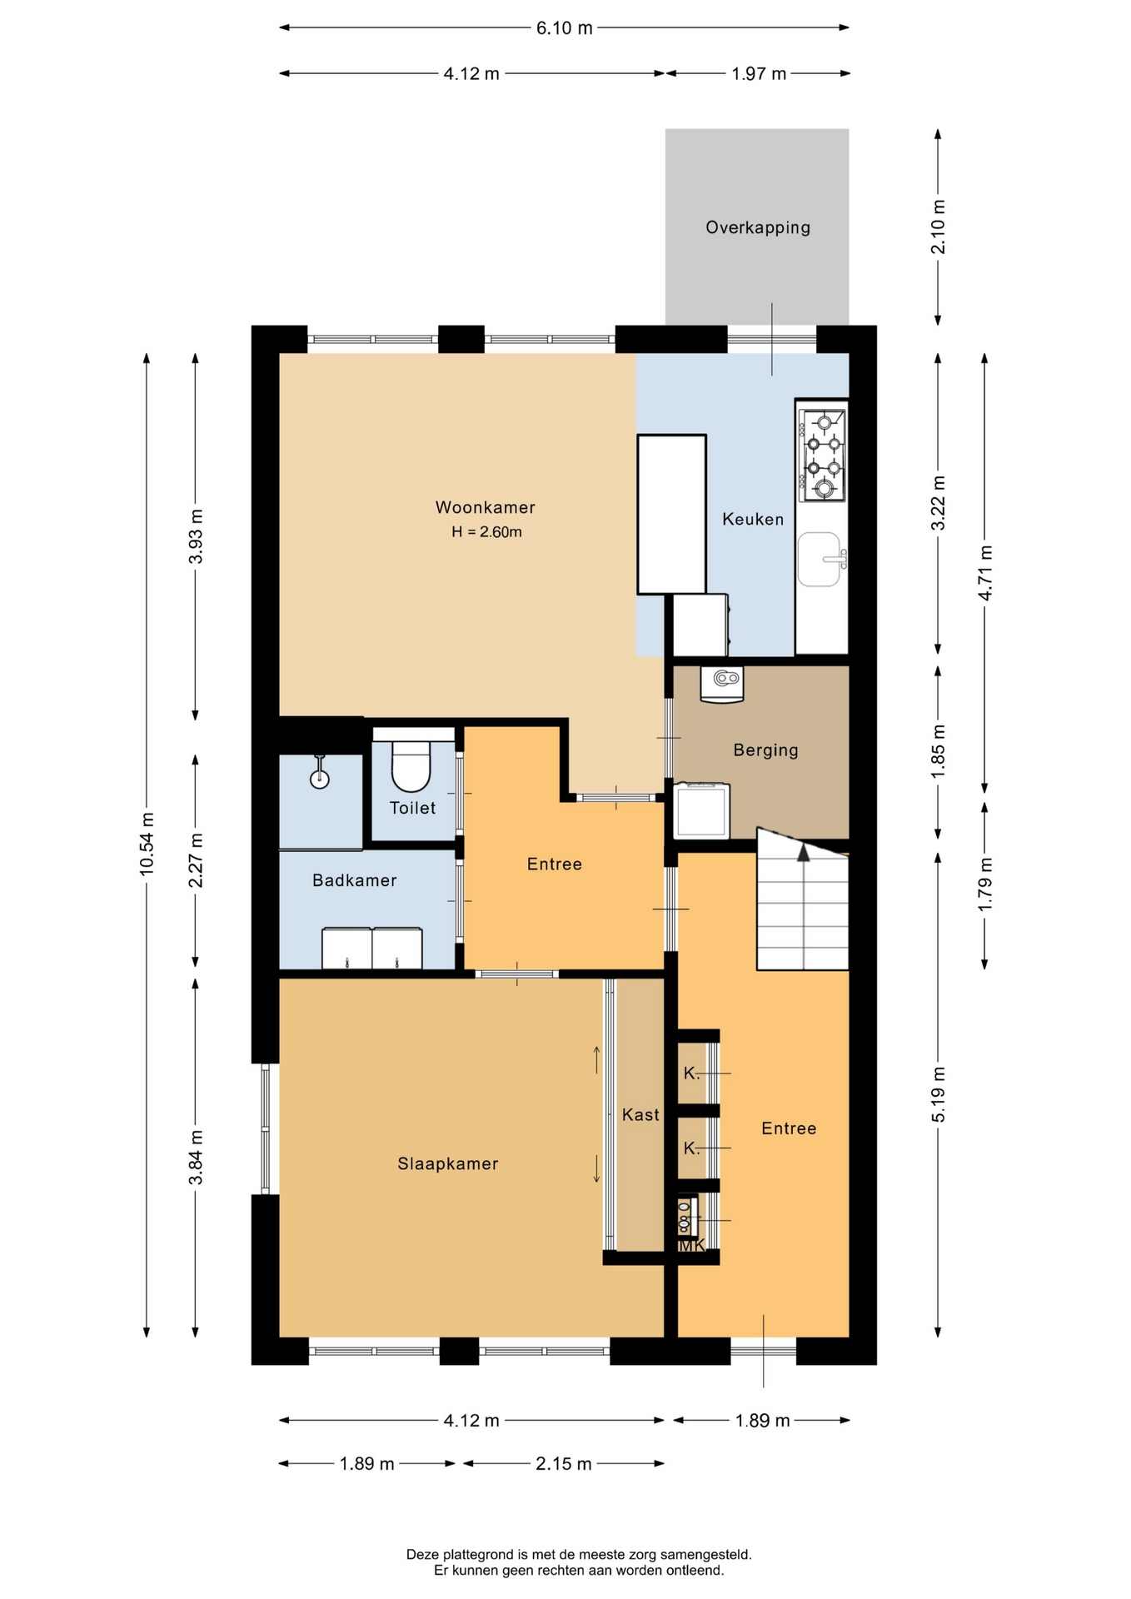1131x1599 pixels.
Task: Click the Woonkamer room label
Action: coord(485,507)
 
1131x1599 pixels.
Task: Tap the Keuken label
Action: coord(753,519)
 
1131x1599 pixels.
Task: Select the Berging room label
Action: coord(765,750)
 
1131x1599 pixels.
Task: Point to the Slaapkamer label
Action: coord(447,1163)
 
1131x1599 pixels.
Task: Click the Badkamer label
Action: coord(354,880)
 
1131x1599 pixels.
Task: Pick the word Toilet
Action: coord(412,808)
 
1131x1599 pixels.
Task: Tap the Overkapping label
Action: coord(758,227)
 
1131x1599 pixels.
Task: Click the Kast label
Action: coord(640,1114)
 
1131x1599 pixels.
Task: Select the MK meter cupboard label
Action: coord(692,1245)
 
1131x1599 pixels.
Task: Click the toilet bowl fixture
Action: coord(411,766)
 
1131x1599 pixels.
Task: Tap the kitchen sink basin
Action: coord(820,559)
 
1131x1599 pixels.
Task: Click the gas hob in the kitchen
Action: coord(822,455)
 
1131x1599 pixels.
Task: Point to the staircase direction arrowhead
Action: coord(803,853)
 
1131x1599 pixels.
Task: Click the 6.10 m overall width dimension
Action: coord(564,27)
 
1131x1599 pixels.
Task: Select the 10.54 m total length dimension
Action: coord(147,843)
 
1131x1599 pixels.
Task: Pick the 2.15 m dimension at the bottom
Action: coord(564,1463)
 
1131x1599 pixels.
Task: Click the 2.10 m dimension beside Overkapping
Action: coord(938,227)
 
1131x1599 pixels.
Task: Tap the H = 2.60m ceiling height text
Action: coord(486,532)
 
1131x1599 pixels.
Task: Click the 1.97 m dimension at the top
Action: coord(758,73)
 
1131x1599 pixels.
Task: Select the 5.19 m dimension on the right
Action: coord(938,1094)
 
